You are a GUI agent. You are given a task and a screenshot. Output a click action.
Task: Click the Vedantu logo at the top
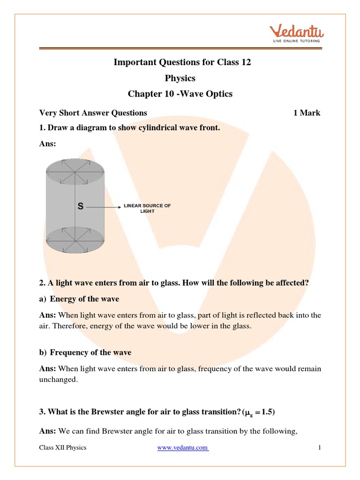pos(297,34)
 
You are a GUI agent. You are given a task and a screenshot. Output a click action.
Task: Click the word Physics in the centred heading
pos(180,78)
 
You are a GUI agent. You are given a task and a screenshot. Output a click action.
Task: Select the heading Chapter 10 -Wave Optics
pos(180,94)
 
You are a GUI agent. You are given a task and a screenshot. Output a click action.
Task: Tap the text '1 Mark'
pos(307,113)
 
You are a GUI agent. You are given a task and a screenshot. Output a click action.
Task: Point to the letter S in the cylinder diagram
pos(81,206)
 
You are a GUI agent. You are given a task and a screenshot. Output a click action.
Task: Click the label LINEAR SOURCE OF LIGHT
pos(147,209)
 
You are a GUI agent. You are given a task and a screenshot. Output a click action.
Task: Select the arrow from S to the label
pos(103,206)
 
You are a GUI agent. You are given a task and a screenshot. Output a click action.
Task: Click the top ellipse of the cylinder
pos(75,171)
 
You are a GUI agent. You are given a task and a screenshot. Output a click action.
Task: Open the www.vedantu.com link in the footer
pos(183,448)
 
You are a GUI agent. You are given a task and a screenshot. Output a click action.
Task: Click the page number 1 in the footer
pos(319,448)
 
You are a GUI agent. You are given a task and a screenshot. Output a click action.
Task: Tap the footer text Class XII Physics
pos(63,448)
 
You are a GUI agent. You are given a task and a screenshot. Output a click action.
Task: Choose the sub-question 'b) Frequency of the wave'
pos(85,352)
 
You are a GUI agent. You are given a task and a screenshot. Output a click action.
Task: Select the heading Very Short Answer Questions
pos(93,113)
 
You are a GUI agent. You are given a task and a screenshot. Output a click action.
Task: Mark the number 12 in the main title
pos(246,62)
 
